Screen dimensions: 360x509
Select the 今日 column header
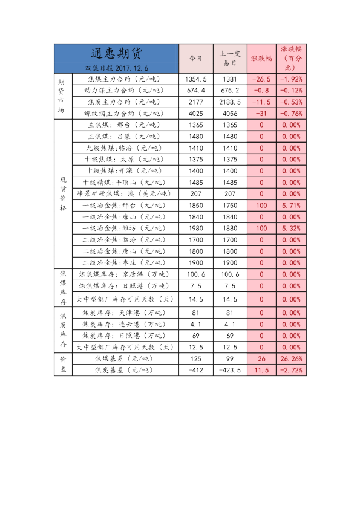point(196,59)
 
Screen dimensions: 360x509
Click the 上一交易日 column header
point(230,59)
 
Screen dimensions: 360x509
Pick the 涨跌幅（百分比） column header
point(291,59)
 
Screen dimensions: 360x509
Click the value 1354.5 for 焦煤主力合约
point(196,79)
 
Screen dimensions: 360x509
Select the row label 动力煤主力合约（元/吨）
point(125,91)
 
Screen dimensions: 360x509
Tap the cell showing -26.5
point(261,79)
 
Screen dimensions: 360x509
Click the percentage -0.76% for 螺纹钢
point(291,113)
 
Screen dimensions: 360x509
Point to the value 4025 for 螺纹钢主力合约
point(196,113)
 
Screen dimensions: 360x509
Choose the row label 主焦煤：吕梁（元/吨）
point(125,137)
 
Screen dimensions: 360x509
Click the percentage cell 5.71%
point(291,206)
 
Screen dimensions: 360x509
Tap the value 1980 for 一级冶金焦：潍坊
point(196,229)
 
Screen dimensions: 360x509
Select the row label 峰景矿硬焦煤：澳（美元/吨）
point(125,194)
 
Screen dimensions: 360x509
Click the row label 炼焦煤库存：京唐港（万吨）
point(125,274)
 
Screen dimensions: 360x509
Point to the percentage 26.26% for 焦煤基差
point(291,358)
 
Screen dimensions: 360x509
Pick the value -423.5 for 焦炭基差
point(230,370)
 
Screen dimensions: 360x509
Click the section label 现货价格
point(62,194)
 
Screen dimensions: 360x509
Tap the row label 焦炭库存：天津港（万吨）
point(125,313)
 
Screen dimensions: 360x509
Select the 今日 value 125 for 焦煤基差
point(196,358)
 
